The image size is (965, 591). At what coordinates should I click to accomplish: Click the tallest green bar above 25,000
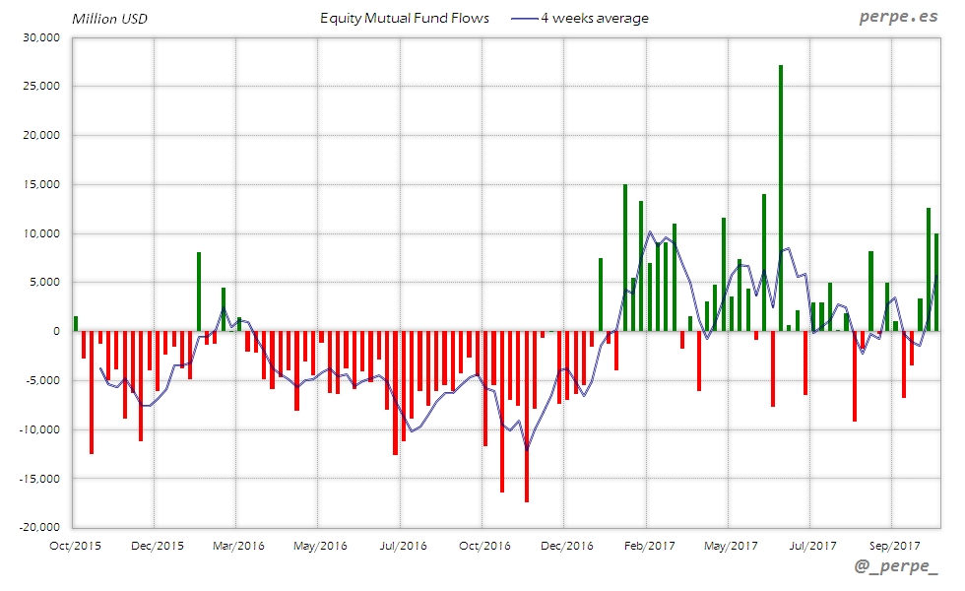click(x=781, y=197)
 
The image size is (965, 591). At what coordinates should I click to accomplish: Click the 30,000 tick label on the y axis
click(x=41, y=37)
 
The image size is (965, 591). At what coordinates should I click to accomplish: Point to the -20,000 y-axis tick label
click(x=39, y=527)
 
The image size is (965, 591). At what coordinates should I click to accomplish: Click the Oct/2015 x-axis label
click(x=74, y=545)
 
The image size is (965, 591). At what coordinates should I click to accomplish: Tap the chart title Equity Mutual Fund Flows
click(x=405, y=18)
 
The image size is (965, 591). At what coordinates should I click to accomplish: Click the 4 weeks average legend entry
click(x=581, y=18)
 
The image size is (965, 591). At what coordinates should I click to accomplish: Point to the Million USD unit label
click(x=110, y=18)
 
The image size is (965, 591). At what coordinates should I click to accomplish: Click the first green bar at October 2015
click(x=76, y=324)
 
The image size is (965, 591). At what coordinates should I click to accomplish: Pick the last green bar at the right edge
click(x=936, y=282)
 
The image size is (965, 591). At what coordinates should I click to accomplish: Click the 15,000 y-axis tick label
click(x=41, y=184)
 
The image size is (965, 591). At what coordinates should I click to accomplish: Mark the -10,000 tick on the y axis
click(x=39, y=429)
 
